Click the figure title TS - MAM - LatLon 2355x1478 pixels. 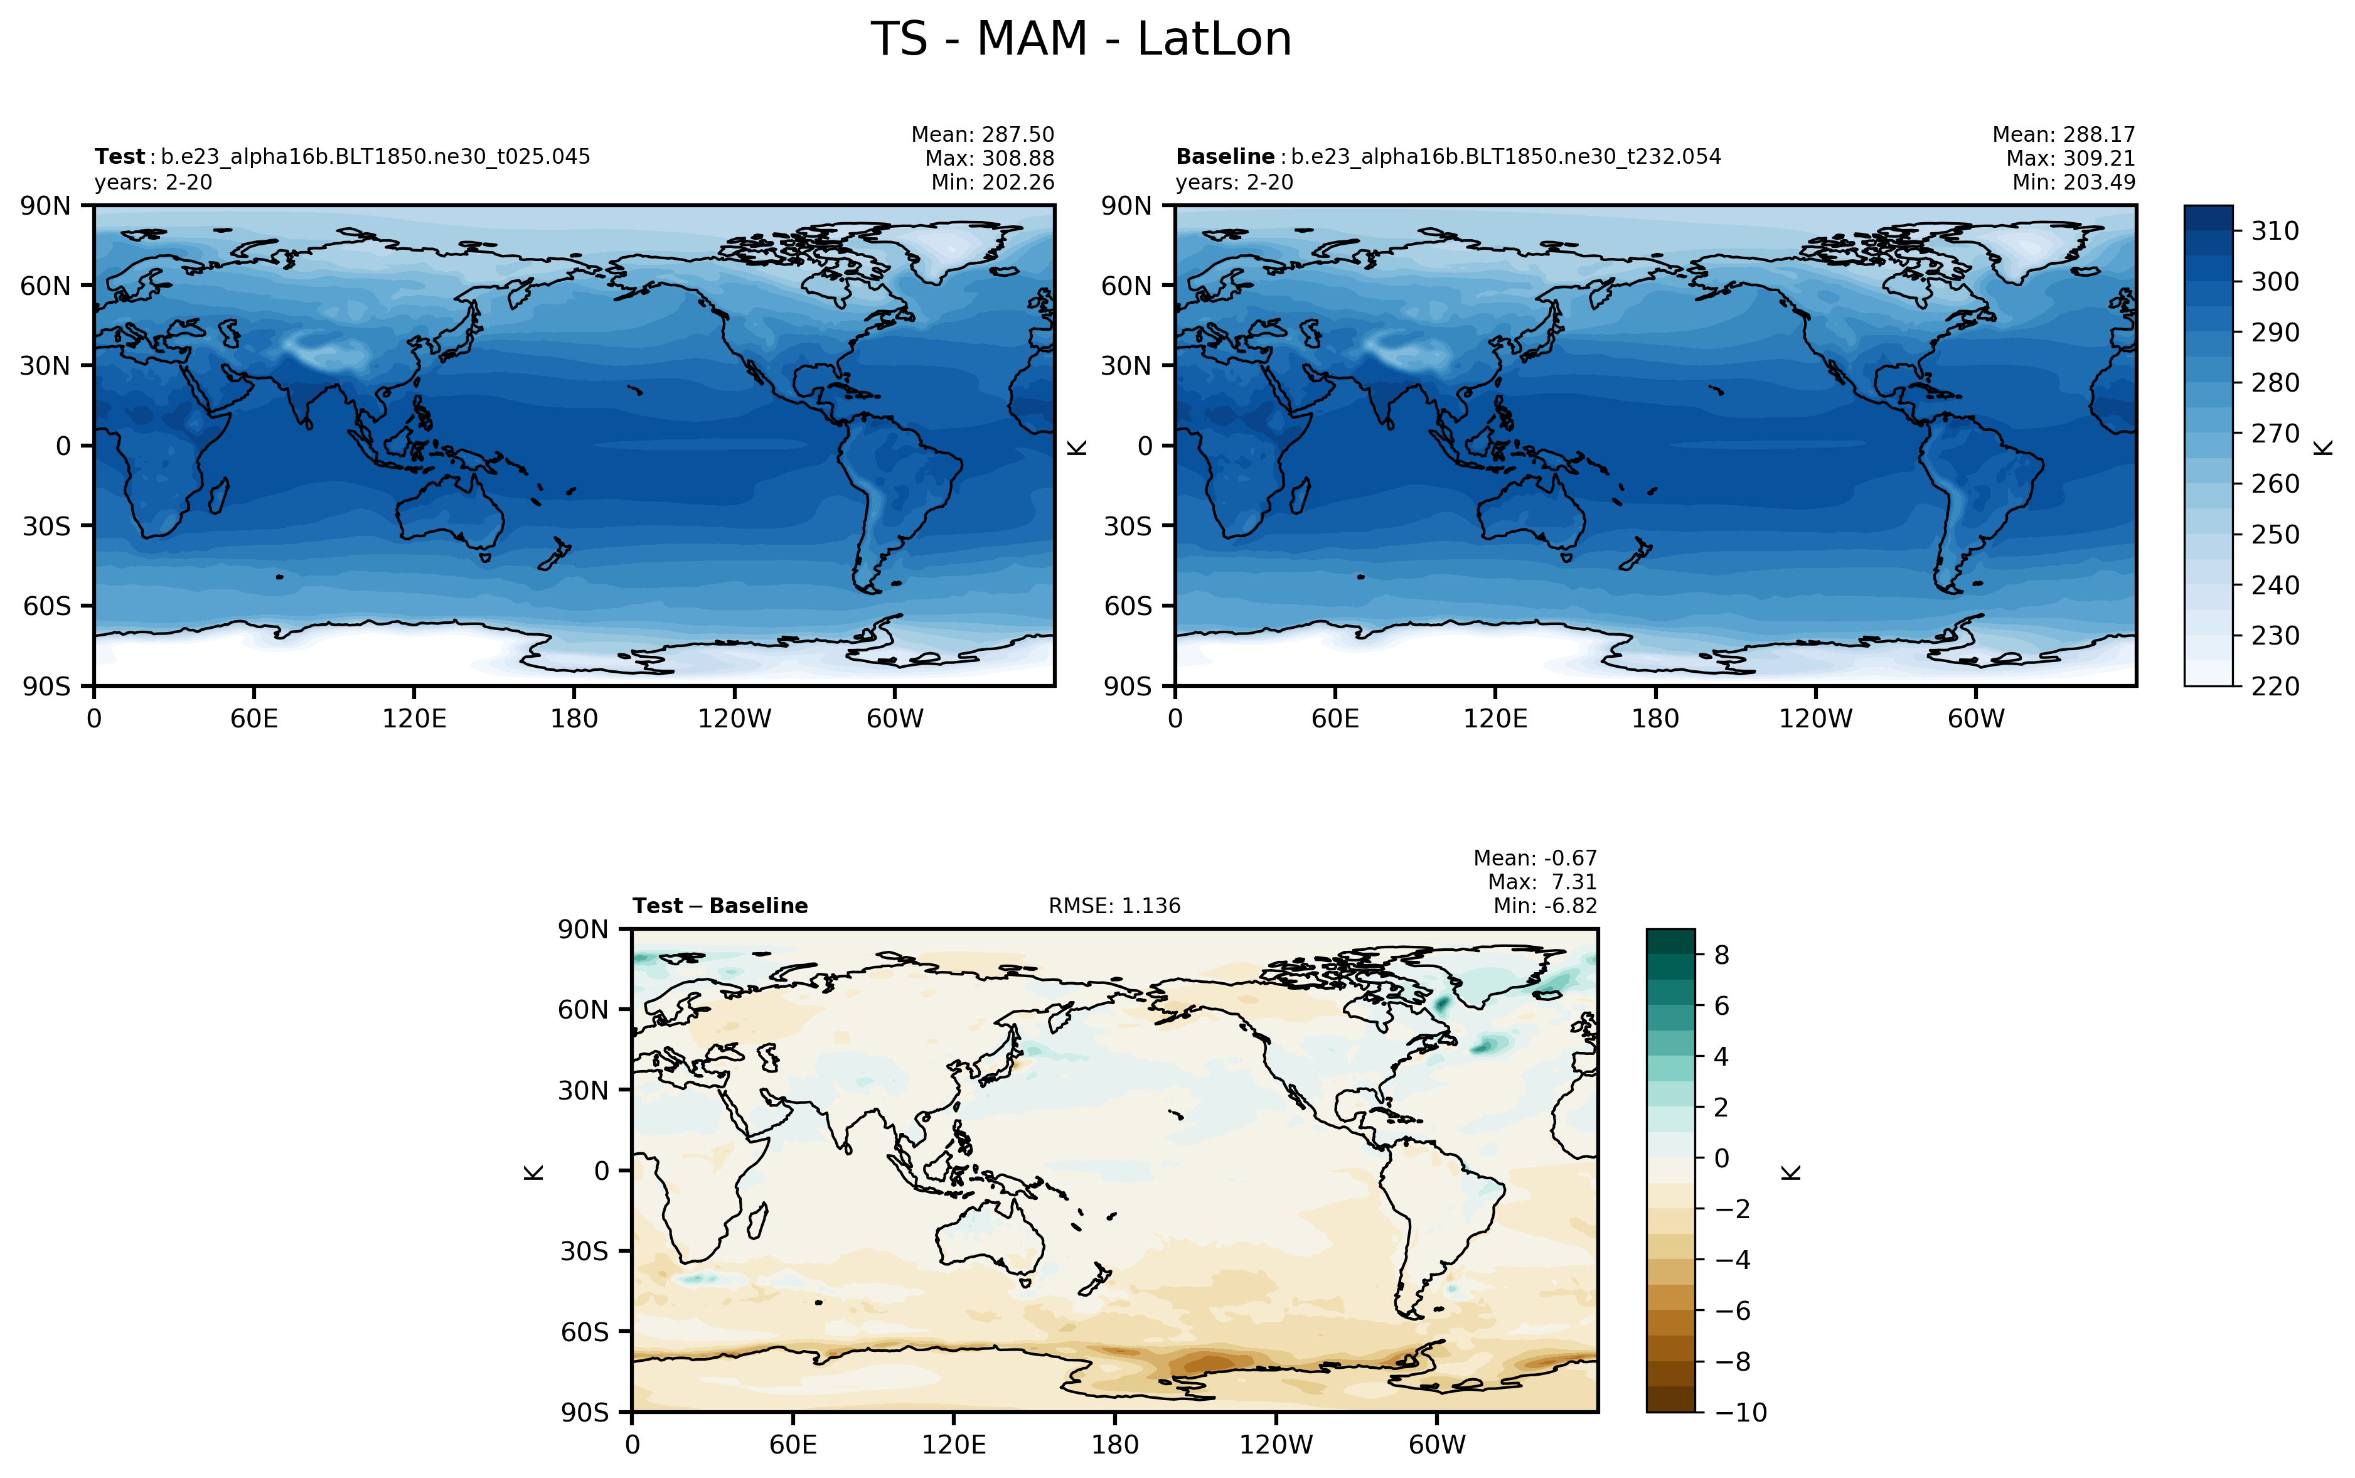point(1081,40)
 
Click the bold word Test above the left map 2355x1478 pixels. point(119,156)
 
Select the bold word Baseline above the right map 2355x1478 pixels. point(1224,156)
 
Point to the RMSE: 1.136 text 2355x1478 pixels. point(1114,906)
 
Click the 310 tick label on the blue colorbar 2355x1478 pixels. point(2275,231)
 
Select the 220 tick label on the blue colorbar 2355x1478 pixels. point(2275,686)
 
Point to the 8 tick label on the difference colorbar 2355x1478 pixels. point(1722,955)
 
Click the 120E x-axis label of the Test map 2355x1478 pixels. point(414,719)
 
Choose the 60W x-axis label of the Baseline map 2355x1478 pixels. point(1976,719)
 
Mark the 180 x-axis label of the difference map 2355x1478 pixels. point(1115,1445)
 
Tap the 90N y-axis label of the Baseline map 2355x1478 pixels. point(1127,206)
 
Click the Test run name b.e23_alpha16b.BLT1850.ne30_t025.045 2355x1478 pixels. point(375,156)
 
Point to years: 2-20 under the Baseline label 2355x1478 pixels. point(1234,183)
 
